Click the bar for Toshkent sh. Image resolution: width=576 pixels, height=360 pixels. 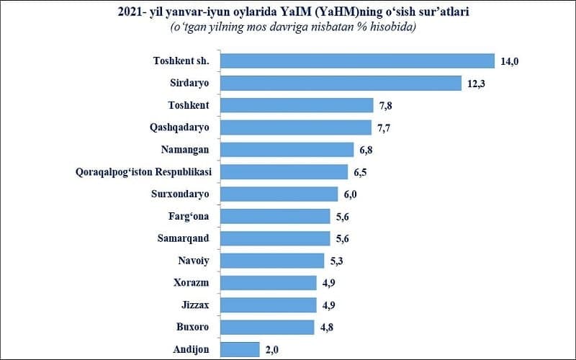pyautogui.click(x=357, y=61)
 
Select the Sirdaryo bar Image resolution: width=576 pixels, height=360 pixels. pyautogui.click(x=340, y=84)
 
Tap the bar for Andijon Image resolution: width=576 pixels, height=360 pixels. pyautogui.click(x=240, y=349)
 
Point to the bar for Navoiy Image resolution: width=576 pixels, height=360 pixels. pyautogui.click(x=271, y=261)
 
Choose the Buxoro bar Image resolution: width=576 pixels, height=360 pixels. pyautogui.click(x=268, y=327)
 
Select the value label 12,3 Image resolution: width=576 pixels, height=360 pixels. pyautogui.click(x=476, y=84)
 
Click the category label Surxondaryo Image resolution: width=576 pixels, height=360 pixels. pyautogui.click(x=180, y=194)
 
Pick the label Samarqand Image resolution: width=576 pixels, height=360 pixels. pyautogui.click(x=184, y=238)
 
